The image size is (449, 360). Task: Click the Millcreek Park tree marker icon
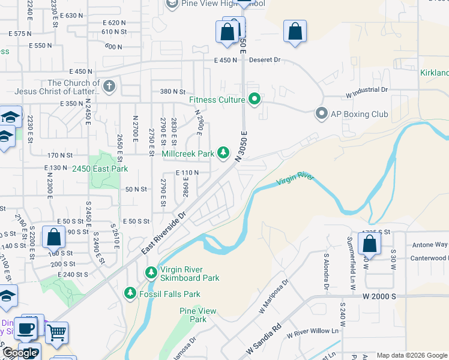(x=223, y=154)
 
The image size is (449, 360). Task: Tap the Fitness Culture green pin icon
(x=255, y=100)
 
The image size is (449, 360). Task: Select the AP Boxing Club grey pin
(x=322, y=114)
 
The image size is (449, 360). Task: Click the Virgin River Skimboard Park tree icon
(x=151, y=274)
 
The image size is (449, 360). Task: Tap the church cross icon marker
(x=109, y=87)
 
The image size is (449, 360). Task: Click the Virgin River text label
(x=295, y=181)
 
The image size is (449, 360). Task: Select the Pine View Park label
(x=197, y=315)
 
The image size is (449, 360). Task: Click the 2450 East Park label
(x=100, y=169)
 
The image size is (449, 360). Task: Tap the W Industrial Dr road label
(x=366, y=90)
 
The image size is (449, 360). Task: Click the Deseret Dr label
(x=269, y=60)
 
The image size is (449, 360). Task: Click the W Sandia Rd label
(x=264, y=340)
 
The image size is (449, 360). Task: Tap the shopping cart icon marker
(x=56, y=331)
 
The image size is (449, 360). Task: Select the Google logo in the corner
(x=19, y=353)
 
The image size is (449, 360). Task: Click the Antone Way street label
(x=429, y=245)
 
